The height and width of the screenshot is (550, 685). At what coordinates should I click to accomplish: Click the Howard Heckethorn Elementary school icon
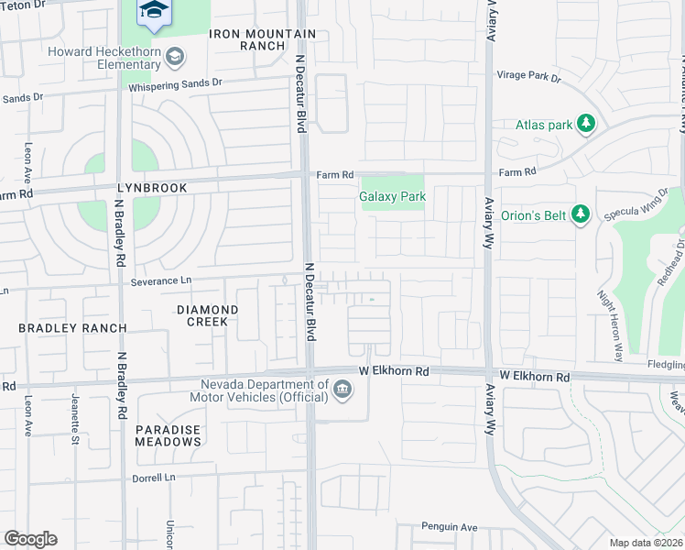point(174,58)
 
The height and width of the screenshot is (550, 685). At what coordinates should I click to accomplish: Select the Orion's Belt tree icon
point(580,214)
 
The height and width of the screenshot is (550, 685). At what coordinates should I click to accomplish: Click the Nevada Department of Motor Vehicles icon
point(342,390)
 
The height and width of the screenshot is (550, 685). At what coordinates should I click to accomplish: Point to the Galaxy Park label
point(393,196)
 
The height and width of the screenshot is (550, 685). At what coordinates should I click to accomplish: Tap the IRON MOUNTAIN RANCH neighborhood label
point(262,40)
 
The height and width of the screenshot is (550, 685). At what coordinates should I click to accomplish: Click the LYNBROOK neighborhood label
point(152,187)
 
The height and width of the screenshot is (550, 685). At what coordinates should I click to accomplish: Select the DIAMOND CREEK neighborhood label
point(208,316)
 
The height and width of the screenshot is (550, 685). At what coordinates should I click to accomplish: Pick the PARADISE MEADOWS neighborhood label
point(169,435)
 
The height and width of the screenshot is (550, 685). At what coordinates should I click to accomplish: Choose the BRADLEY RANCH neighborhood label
point(60,327)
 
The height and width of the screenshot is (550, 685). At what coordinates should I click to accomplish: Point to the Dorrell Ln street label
point(155,477)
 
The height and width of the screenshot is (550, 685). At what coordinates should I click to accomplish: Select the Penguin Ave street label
point(450,526)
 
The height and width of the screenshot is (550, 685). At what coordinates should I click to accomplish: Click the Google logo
point(30,538)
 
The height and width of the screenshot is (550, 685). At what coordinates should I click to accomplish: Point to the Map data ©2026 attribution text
point(646,542)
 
